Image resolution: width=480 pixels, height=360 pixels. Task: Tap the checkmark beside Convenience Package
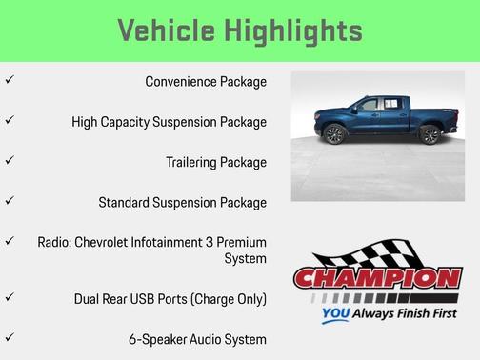coord(9,80)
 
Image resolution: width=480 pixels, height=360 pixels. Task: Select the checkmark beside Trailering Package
coord(9,161)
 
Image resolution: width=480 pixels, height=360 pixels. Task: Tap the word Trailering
coord(194,162)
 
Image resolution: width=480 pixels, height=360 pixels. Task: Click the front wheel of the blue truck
coord(334,135)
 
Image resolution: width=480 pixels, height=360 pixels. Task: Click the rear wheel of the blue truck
coord(429,134)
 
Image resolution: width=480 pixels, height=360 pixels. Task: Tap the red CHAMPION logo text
coord(377,280)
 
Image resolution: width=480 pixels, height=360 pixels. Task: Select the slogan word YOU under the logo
coord(335,312)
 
